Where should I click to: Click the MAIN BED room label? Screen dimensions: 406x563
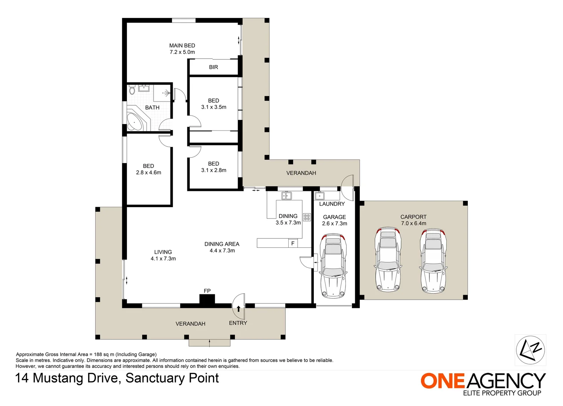tap(182, 45)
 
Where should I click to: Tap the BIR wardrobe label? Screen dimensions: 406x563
tap(213, 67)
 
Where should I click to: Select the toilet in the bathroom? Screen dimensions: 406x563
tap(132, 90)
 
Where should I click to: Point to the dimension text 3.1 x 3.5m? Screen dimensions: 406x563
tap(214, 107)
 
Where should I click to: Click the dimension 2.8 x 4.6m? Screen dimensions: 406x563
tap(149, 173)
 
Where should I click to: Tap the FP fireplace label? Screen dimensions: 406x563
tap(207, 291)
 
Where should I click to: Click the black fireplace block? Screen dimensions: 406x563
tap(207, 299)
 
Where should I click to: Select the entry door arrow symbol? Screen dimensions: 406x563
tap(239, 308)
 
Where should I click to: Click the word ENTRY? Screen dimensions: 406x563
tap(238, 323)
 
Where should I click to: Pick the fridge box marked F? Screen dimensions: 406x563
tap(293, 243)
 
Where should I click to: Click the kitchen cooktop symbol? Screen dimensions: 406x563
tap(307, 217)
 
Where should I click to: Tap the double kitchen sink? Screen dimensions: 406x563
tap(286, 195)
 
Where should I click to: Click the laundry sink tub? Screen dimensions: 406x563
tap(319, 196)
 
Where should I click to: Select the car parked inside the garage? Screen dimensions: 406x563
tap(333, 265)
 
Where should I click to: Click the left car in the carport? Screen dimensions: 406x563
tap(388, 260)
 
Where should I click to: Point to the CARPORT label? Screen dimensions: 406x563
tap(413, 217)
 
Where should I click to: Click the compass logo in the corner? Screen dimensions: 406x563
tap(530, 350)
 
